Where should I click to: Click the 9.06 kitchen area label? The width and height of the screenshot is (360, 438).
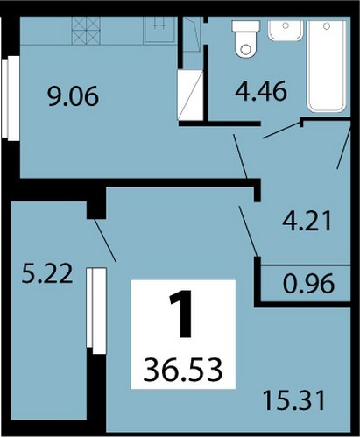pyautogui.click(x=74, y=97)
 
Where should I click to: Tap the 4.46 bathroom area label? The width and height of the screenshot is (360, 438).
pyautogui.click(x=261, y=92)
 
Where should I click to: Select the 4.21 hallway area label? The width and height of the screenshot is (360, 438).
pyautogui.click(x=307, y=221)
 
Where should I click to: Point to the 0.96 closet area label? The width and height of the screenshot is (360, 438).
pyautogui.click(x=308, y=283)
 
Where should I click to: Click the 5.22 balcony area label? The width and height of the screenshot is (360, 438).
pyautogui.click(x=47, y=273)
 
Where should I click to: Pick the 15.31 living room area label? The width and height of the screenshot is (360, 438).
pyautogui.click(x=294, y=400)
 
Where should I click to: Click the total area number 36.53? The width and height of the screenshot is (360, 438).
pyautogui.click(x=183, y=371)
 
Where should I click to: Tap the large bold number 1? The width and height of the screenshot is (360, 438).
pyautogui.click(x=181, y=314)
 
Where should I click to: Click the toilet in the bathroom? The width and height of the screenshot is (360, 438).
pyautogui.click(x=246, y=39)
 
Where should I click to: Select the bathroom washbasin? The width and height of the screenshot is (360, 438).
pyautogui.click(x=286, y=31)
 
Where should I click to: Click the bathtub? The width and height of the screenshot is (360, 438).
pyautogui.click(x=327, y=67)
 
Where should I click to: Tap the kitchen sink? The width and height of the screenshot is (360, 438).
pyautogui.click(x=159, y=30)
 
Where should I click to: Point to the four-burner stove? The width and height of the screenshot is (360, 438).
pyautogui.click(x=86, y=31)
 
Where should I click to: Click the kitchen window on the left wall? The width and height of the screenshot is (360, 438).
pyautogui.click(x=11, y=98)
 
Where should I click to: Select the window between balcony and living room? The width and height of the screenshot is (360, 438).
pyautogui.click(x=96, y=311)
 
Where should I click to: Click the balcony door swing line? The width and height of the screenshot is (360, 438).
pyautogui.click(x=105, y=240)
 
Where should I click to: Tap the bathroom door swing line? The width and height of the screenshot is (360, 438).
pyautogui.click(x=282, y=131)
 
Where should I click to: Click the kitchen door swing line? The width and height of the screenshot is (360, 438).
pyautogui.click(x=240, y=156)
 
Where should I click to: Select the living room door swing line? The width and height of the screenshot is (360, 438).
pyautogui.click(x=248, y=231)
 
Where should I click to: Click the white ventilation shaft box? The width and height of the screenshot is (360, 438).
pyautogui.click(x=190, y=95)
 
